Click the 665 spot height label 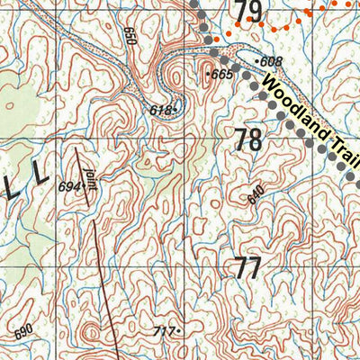(x=222, y=75)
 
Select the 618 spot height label (x=159, y=110)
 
